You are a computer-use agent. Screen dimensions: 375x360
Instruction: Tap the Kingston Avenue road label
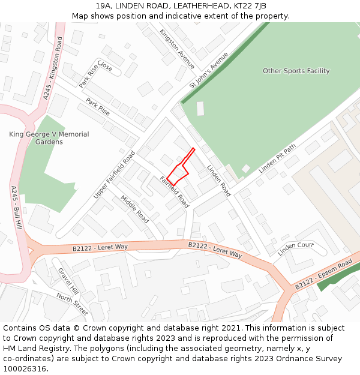[x=177, y=49]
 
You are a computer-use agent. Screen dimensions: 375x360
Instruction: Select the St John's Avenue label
[x=209, y=71]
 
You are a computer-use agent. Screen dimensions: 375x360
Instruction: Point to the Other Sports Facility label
[x=296, y=71]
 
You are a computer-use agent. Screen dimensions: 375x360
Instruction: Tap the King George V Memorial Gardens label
[x=49, y=138]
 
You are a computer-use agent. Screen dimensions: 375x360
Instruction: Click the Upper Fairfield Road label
[x=115, y=175]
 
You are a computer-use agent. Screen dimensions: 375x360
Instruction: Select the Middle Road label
[x=134, y=209]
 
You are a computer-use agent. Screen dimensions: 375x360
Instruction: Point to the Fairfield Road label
[x=174, y=192]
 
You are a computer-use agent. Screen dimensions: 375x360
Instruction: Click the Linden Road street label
[x=218, y=181]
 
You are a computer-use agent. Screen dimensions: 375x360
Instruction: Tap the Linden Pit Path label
[x=277, y=159]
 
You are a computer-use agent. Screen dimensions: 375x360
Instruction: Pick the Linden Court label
[x=296, y=245]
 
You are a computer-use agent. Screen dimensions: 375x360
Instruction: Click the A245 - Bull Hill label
[x=16, y=206]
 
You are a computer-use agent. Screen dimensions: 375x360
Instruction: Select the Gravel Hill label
[x=68, y=280]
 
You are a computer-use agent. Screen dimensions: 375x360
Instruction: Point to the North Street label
[x=72, y=304]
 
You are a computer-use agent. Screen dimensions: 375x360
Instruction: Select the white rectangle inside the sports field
[x=200, y=109]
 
